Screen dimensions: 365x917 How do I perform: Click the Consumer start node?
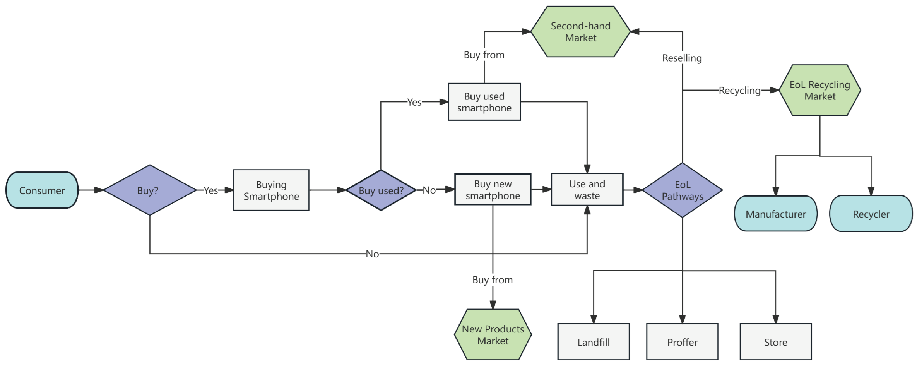tap(42, 190)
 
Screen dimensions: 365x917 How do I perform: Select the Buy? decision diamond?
tap(149, 190)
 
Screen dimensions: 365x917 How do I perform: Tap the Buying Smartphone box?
tap(271, 190)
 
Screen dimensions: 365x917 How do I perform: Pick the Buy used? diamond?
tap(381, 190)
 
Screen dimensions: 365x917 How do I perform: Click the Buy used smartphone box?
tap(484, 102)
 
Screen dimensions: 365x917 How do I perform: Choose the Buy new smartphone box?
tap(493, 190)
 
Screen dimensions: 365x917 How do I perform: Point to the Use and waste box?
tap(587, 190)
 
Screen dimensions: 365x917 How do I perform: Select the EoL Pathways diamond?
tap(682, 190)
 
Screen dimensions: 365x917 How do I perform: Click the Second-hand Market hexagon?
tap(580, 32)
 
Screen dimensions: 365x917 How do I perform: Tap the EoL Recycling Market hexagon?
tap(819, 90)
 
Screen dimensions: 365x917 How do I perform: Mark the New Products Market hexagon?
tap(493, 335)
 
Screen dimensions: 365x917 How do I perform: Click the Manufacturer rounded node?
tap(775, 214)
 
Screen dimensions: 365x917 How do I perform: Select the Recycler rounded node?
tap(871, 214)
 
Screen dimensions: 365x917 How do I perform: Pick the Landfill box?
tap(593, 342)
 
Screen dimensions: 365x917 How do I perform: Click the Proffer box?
tap(682, 342)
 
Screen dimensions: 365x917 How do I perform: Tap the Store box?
tap(775, 342)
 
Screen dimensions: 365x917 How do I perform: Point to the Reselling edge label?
tap(682, 58)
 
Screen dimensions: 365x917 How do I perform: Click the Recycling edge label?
tap(739, 91)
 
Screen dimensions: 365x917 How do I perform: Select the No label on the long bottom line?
tap(372, 254)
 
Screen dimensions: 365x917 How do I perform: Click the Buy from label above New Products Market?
tap(492, 280)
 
